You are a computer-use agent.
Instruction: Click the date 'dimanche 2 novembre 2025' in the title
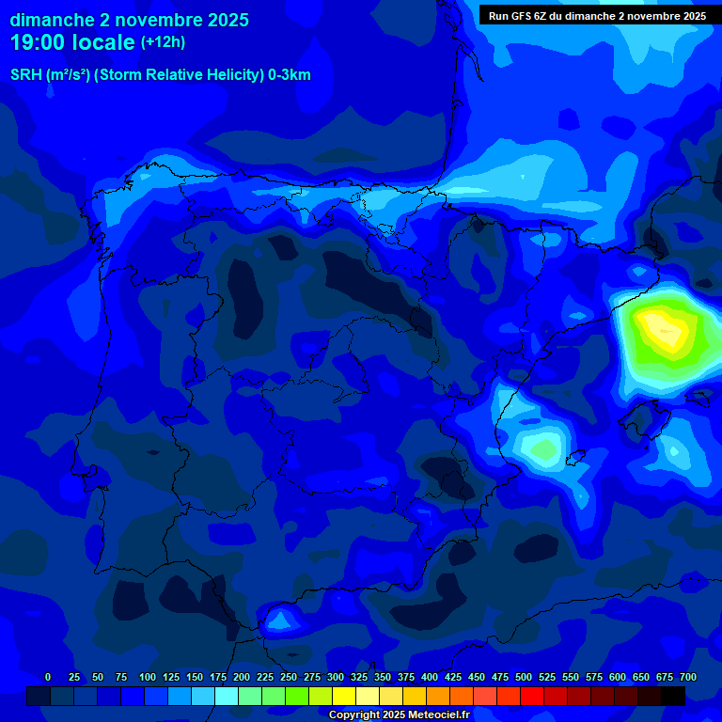[x=129, y=20]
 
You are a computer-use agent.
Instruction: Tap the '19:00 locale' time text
[x=72, y=42]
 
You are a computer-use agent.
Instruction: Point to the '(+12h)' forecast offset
[x=164, y=42]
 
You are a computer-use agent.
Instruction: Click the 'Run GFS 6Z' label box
[x=597, y=16]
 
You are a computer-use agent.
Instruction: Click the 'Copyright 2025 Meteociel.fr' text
[x=399, y=714]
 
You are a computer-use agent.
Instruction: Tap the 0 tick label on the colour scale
[x=48, y=677]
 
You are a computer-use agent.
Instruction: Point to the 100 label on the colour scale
[x=148, y=677]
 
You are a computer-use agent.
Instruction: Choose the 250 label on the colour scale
[x=289, y=677]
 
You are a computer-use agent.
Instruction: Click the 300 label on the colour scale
[x=336, y=677]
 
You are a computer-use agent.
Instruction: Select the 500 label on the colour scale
[x=524, y=677]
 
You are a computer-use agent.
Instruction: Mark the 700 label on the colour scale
[x=688, y=677]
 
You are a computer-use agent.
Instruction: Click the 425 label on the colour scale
[x=453, y=677]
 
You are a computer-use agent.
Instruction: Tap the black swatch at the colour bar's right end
[x=673, y=696]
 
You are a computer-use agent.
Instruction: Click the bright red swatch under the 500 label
[x=532, y=696]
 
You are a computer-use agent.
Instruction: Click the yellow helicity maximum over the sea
[x=663, y=331]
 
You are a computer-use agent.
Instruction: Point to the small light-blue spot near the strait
[x=279, y=620]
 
